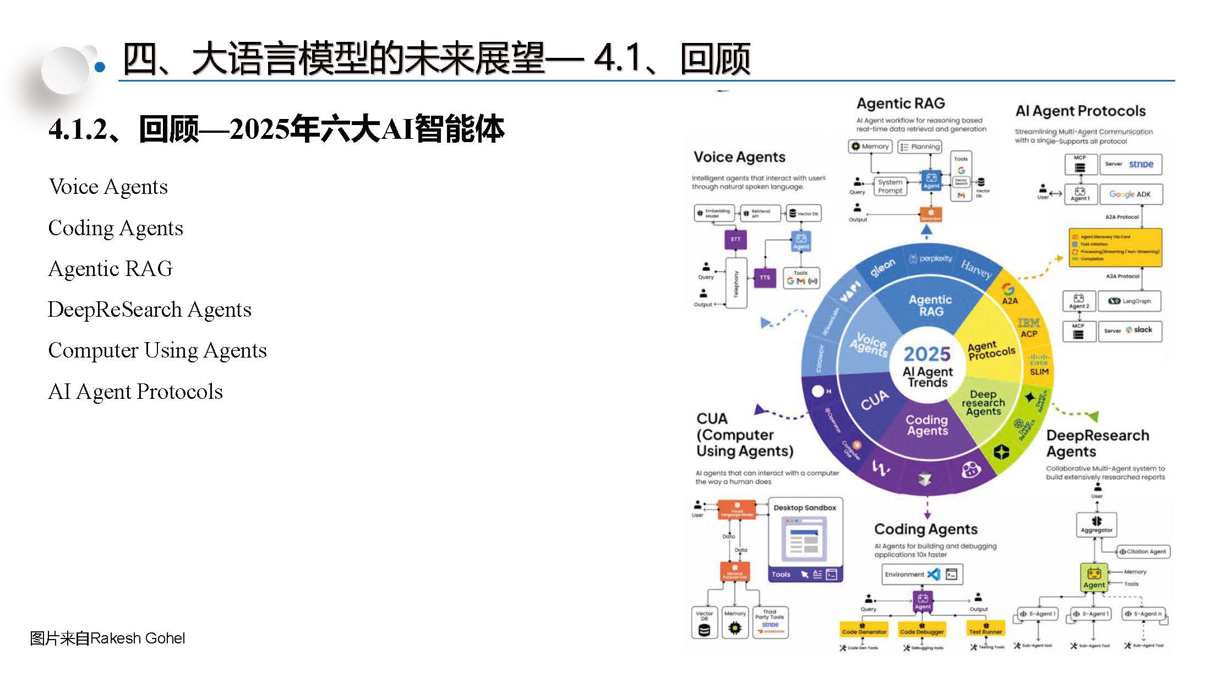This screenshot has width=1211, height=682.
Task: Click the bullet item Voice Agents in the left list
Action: [108, 187]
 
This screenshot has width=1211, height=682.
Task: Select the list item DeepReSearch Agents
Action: [149, 310]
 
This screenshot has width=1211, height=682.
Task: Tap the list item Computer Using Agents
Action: [157, 350]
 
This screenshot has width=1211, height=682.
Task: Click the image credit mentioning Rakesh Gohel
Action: [107, 638]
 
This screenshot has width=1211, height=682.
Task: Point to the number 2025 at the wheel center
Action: [927, 354]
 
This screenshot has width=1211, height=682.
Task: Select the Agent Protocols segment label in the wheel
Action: [991, 350]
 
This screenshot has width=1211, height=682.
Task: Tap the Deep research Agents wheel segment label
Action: [983, 403]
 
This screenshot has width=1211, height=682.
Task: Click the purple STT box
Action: [735, 240]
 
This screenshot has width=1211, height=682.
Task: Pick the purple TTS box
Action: [765, 277]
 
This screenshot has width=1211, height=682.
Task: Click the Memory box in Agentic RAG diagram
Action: [870, 147]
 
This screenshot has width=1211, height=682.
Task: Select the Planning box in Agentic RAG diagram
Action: [919, 147]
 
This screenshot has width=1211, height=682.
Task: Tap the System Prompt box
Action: [890, 186]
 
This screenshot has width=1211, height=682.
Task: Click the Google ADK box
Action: [1130, 194]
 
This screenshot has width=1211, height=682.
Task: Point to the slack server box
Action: [1130, 331]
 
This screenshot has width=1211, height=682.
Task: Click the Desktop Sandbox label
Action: [805, 507]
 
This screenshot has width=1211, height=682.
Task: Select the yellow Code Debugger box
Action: [922, 631]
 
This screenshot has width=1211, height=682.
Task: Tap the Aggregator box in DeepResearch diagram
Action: [1097, 524]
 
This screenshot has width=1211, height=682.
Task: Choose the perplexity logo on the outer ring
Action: [931, 258]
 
